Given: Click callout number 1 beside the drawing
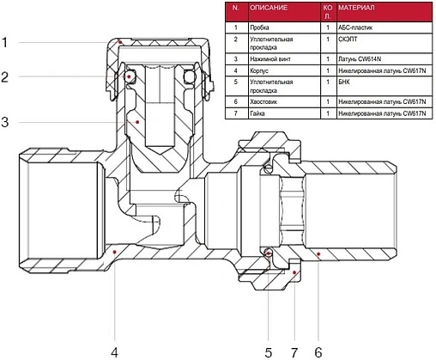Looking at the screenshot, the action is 4,42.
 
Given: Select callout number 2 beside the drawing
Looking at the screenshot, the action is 4,76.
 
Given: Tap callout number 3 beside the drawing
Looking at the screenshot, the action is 5,122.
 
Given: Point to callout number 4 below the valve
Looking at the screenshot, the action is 114,352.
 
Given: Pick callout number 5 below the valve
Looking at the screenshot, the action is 268,352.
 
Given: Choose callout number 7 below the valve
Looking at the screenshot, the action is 294,352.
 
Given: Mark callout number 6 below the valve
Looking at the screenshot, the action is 318,352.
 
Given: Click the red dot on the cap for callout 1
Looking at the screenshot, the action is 120,42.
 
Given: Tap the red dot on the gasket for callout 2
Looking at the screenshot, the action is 129,76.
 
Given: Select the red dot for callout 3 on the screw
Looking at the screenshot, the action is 137,122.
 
